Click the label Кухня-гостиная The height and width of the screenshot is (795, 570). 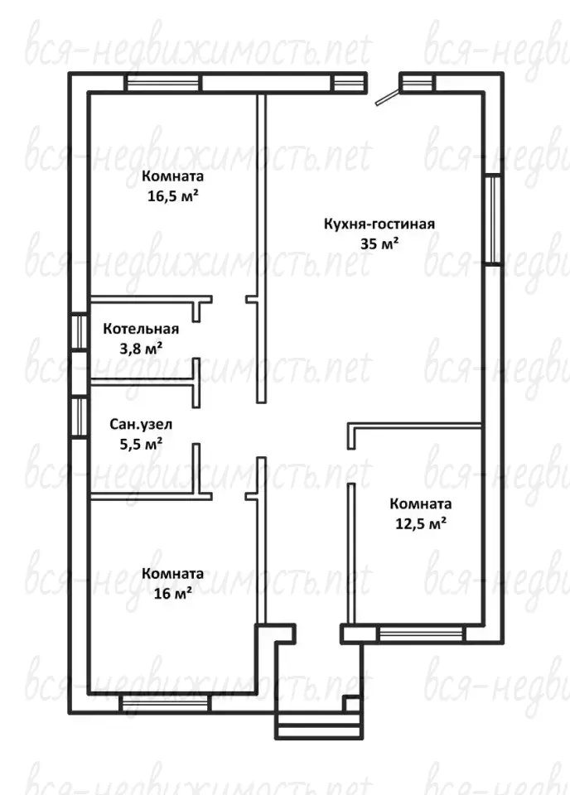pos(379,224)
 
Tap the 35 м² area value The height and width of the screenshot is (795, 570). pos(379,243)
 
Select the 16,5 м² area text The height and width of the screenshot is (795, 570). pos(172,196)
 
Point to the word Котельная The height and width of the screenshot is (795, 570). pos(141,329)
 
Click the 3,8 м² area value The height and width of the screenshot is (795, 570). pos(141,349)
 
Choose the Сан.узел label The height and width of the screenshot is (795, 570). pos(141,424)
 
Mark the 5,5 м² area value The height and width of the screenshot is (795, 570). pos(141,444)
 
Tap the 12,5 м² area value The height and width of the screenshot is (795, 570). pos(420,523)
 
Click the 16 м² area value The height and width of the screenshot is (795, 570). pos(172,593)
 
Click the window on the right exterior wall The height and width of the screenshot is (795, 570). pos(493,219)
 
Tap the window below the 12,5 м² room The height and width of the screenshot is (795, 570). pos(421,634)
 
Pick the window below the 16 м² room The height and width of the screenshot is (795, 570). pos(165,704)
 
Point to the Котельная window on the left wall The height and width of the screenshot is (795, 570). pos(79,333)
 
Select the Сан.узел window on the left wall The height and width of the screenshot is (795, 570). pos(79,417)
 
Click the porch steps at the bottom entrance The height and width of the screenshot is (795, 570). pos(320,725)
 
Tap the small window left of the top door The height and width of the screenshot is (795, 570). pos(350,82)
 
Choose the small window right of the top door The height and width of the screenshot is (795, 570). pos(417,82)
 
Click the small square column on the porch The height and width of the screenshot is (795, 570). pos(352,704)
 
